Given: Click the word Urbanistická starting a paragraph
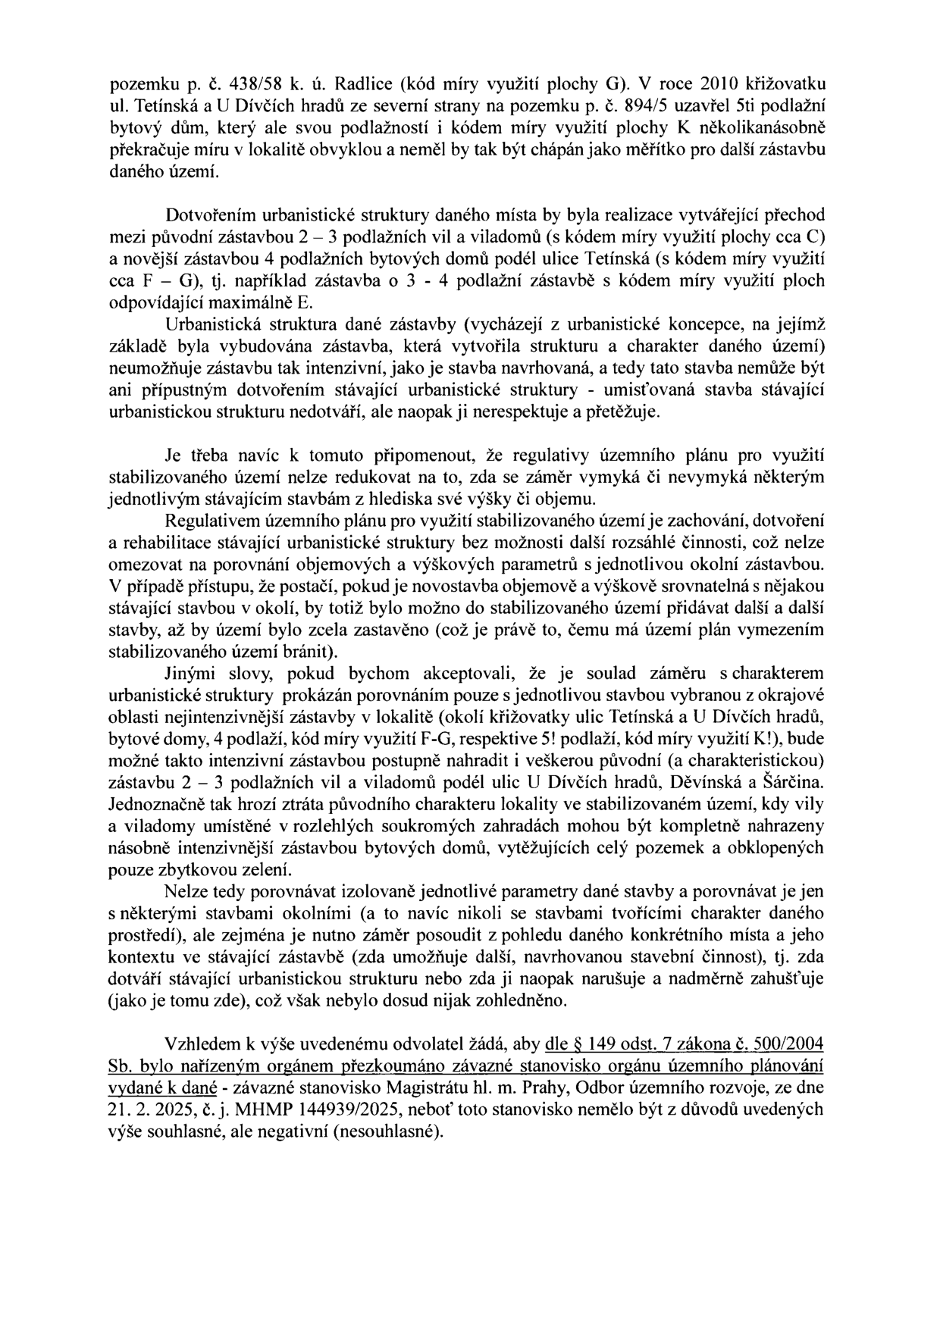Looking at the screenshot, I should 208,325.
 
